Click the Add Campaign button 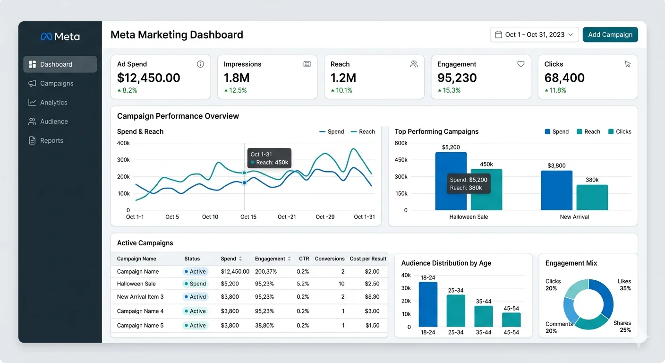610,35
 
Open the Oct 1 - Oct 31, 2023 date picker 534,35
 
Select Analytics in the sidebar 53,103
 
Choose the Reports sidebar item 51,140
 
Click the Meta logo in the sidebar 60,37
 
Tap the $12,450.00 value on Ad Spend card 148,78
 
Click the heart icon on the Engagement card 520,64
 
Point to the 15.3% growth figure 451,90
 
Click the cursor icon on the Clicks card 627,64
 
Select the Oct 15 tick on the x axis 248,217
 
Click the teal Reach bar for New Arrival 592,197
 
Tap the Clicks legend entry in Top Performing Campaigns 620,132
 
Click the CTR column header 304,259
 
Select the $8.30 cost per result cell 372,297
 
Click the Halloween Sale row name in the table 136,284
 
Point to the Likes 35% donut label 624,285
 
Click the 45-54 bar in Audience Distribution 511,320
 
